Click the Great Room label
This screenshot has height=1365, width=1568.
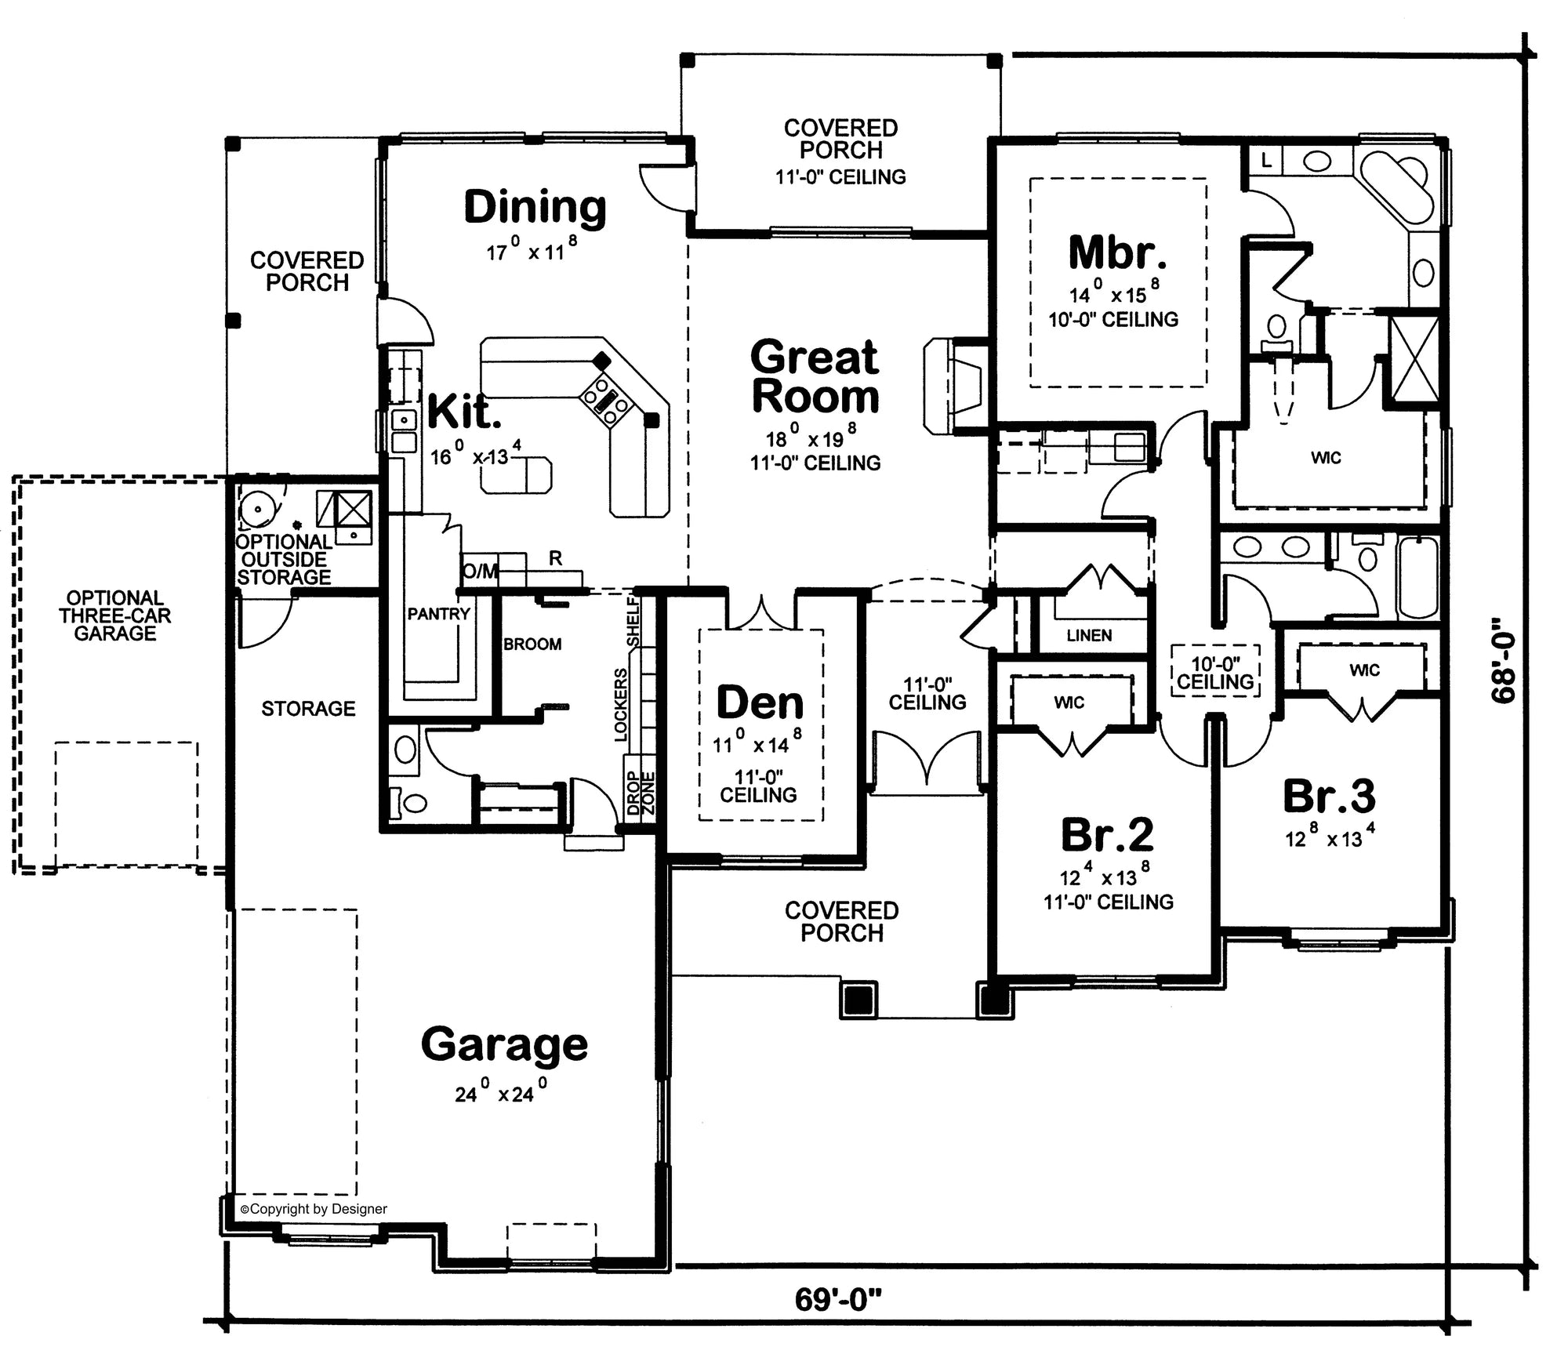(815, 377)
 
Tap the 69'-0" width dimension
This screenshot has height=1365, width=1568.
(838, 1299)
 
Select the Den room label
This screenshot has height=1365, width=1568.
(760, 702)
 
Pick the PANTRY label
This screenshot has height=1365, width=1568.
(438, 614)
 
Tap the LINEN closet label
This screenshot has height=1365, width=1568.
(1088, 636)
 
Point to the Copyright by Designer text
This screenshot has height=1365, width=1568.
(314, 1209)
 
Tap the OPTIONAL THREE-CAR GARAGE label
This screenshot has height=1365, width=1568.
(114, 616)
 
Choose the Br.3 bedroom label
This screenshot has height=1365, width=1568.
(1329, 796)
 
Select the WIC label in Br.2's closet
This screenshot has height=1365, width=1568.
(1069, 702)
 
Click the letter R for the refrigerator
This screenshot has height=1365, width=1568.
(555, 559)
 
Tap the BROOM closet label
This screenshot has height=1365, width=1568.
(532, 644)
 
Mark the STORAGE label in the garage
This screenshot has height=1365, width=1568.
(308, 709)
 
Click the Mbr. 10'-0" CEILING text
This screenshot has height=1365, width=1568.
(1113, 320)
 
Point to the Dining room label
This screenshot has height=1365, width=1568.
(535, 207)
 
